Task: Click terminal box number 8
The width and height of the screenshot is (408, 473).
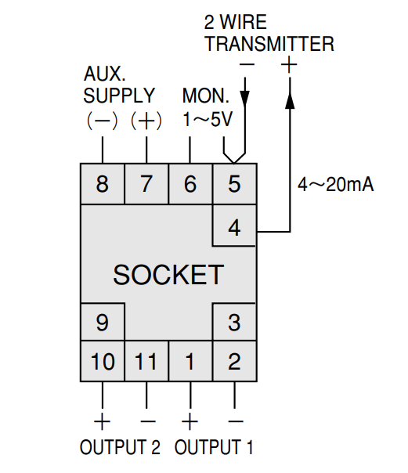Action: (103, 184)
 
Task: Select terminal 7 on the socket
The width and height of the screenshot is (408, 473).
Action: (146, 184)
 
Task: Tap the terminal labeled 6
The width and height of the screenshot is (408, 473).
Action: (190, 184)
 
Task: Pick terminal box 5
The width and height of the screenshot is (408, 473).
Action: (235, 184)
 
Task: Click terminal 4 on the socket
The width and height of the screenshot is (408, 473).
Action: (235, 226)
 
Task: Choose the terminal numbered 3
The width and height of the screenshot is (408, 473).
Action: (235, 322)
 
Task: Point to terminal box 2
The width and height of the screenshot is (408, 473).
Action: (235, 361)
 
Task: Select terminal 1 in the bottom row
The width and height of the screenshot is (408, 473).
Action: (190, 361)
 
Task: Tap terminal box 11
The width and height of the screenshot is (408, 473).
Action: (146, 361)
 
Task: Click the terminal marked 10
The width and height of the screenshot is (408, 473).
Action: (103, 361)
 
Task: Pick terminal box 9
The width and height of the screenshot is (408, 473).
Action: (103, 322)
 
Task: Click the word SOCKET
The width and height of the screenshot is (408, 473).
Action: (168, 275)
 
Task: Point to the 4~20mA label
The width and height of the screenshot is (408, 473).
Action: (336, 184)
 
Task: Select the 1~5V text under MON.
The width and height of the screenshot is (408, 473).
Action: (208, 120)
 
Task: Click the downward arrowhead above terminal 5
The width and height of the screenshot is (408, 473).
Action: (245, 98)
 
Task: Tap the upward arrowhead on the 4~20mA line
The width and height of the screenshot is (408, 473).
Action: (290, 100)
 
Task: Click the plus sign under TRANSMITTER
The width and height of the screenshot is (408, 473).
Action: (289, 64)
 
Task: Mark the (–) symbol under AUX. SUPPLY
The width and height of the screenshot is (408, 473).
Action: (102, 121)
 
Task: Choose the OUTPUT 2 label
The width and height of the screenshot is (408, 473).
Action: (120, 447)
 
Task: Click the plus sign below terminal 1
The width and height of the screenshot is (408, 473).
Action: (190, 421)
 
